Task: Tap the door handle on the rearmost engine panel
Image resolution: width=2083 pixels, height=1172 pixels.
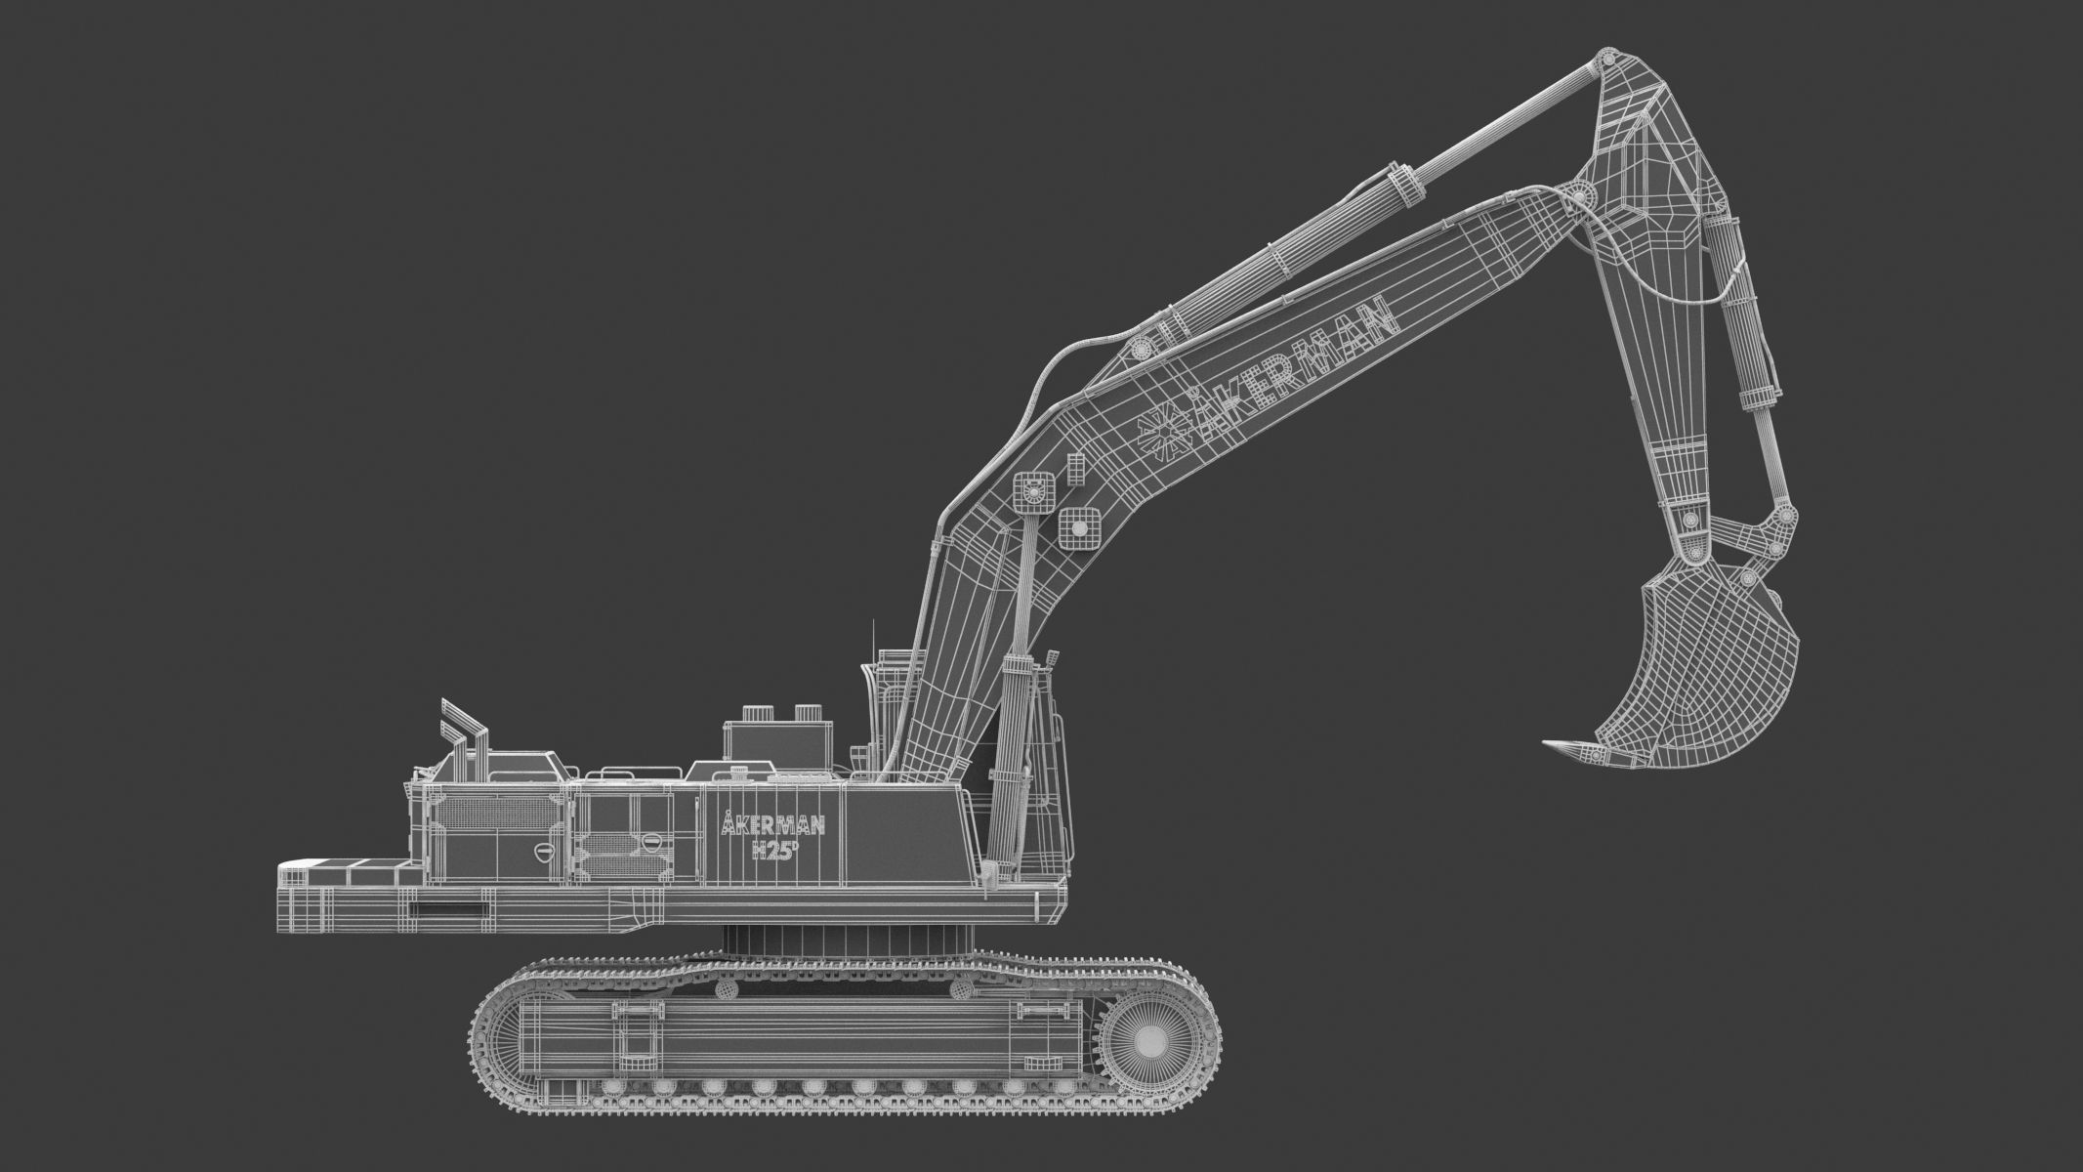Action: [x=544, y=852]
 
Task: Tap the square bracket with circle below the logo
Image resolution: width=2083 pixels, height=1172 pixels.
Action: [x=1078, y=527]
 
